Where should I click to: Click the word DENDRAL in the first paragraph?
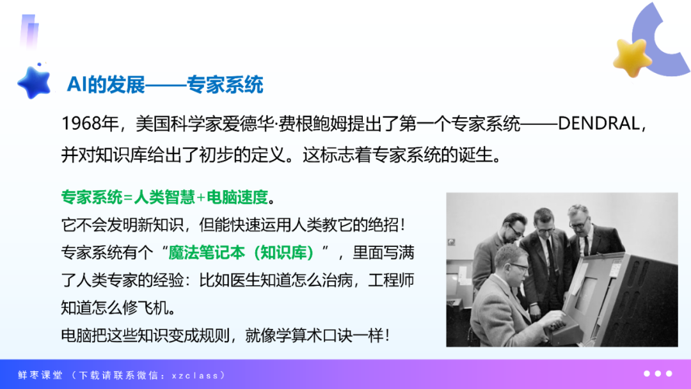(599, 123)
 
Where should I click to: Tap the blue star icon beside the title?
(34, 83)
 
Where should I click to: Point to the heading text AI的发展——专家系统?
(165, 84)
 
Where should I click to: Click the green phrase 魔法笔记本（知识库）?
(241, 253)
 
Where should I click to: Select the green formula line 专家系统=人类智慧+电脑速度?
(164, 197)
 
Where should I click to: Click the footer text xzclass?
(195, 376)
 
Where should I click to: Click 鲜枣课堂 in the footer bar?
(40, 375)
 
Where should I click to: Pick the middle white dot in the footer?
(658, 374)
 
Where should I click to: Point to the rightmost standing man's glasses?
(578, 223)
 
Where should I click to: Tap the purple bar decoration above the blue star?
(29, 32)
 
